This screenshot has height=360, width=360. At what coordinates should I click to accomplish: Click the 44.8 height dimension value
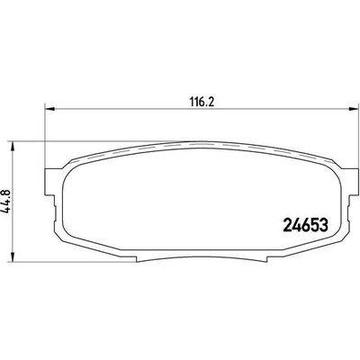(x=6, y=202)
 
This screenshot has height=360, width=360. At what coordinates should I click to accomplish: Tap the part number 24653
(x=305, y=225)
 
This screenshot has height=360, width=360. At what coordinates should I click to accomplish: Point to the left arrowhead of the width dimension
(x=49, y=109)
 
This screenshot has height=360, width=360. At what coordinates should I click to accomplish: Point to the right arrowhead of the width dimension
(x=354, y=109)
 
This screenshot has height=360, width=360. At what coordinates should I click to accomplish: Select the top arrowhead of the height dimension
(x=13, y=146)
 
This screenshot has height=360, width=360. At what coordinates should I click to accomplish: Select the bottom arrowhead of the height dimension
(x=13, y=256)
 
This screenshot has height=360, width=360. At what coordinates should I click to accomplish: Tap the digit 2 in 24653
(x=288, y=225)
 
